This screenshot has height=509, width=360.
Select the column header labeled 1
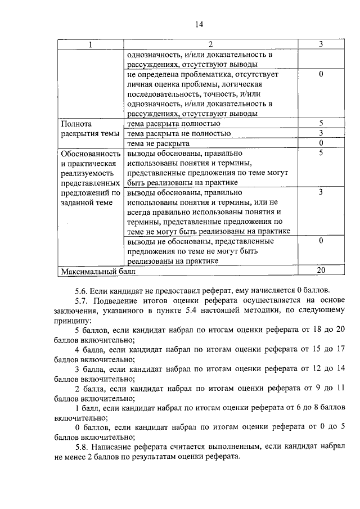click(x=90, y=44)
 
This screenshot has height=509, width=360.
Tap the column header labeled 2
click(x=210, y=44)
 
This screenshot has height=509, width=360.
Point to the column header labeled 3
click(x=320, y=44)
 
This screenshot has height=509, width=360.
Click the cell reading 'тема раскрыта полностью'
click(x=174, y=123)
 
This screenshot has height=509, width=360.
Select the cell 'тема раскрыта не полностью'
click(x=179, y=133)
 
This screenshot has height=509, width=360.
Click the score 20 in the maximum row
click(x=321, y=271)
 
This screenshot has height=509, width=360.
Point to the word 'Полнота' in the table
click(x=76, y=123)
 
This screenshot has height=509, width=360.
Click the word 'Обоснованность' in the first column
click(x=90, y=154)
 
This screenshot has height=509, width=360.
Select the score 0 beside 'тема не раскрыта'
click(x=320, y=143)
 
